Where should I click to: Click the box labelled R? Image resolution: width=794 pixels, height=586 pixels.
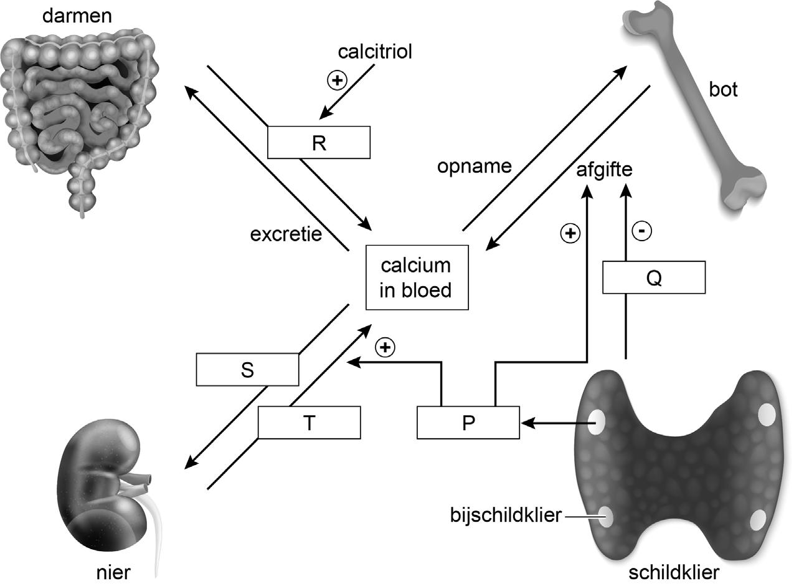(319, 142)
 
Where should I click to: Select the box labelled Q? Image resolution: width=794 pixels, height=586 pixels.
(654, 277)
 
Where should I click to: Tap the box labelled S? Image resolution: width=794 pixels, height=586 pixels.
(247, 370)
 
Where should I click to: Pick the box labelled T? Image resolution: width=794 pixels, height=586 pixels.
(310, 423)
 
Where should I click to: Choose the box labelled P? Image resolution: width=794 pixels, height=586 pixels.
(468, 423)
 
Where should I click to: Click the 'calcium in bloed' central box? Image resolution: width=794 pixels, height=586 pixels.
(417, 277)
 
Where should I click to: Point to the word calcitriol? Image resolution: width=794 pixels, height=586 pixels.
(375, 52)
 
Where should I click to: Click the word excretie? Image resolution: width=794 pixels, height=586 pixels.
(286, 234)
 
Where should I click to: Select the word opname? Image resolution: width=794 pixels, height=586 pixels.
(475, 166)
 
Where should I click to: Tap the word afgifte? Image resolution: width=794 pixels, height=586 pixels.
(604, 170)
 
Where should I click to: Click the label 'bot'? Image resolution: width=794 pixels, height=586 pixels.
(723, 89)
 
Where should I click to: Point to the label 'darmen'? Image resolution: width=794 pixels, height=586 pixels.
(77, 16)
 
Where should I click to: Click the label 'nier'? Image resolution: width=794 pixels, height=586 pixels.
(113, 572)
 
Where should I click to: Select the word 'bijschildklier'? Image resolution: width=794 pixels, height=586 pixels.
(506, 515)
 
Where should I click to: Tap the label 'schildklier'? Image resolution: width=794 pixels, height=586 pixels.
(674, 572)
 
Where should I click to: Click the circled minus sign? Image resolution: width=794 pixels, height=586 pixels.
(642, 231)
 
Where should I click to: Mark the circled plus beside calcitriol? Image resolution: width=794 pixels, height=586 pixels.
(337, 80)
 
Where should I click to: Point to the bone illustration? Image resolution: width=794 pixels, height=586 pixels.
(695, 107)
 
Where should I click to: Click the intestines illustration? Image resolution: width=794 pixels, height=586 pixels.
(78, 117)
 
